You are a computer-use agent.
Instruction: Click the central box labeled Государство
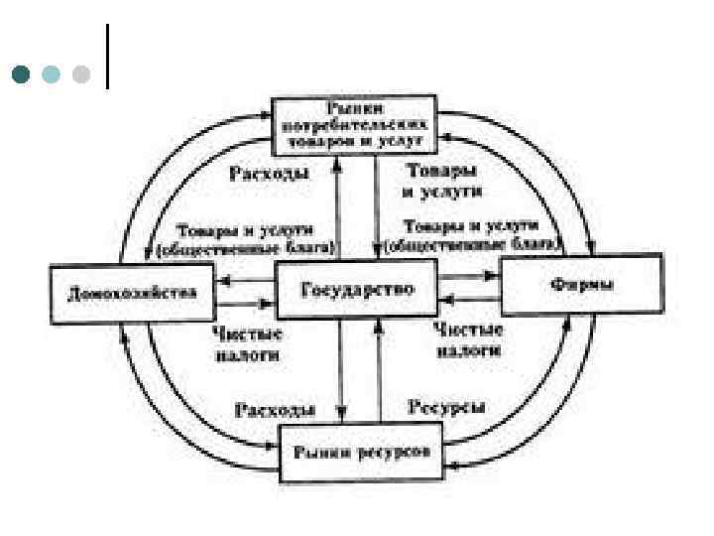click(x=356, y=289)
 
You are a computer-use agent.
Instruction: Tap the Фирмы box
click(x=580, y=285)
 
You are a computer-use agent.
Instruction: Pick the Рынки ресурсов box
click(x=361, y=451)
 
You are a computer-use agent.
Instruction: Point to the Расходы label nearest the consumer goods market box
click(x=269, y=174)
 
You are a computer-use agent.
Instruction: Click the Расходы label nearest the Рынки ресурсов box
click(x=275, y=408)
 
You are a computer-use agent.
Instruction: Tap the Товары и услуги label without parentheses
click(x=444, y=179)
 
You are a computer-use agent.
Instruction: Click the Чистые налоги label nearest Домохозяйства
click(x=249, y=342)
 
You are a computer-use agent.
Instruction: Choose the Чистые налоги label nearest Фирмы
click(x=469, y=338)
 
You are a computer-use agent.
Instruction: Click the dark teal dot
click(x=21, y=74)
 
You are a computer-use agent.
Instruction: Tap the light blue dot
click(x=52, y=74)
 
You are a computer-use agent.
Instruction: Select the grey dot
click(x=81, y=74)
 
